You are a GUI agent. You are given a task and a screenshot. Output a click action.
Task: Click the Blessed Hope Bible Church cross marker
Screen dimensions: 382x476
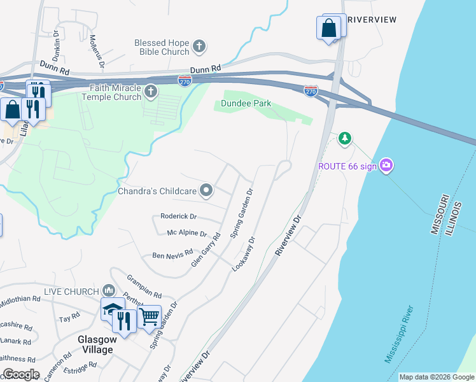click(199, 46)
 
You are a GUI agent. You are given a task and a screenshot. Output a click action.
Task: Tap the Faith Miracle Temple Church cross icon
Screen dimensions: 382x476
click(151, 91)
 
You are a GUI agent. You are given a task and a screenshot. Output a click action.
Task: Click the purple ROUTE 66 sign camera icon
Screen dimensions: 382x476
click(386, 166)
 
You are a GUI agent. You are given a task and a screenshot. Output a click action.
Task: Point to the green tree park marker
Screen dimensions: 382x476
click(344, 138)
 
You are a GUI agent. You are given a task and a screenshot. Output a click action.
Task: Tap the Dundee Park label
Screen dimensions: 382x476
click(246, 103)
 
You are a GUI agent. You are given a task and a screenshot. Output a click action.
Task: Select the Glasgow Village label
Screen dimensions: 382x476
click(95, 344)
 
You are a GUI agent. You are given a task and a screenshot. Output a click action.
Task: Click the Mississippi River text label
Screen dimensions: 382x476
click(400, 334)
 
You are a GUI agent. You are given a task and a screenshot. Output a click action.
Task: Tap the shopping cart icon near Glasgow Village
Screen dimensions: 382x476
click(150, 315)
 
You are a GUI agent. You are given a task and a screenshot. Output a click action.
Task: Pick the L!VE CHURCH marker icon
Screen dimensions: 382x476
click(108, 290)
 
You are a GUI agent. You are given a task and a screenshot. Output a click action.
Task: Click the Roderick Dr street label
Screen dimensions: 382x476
click(179, 216)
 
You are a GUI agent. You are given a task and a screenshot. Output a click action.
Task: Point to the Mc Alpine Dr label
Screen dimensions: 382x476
click(187, 234)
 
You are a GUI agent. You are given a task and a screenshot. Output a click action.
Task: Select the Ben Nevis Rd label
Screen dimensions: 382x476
click(172, 255)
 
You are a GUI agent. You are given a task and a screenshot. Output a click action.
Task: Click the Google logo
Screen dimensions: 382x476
click(21, 374)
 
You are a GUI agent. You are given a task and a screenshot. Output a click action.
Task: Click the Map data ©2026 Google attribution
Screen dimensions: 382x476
click(436, 377)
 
